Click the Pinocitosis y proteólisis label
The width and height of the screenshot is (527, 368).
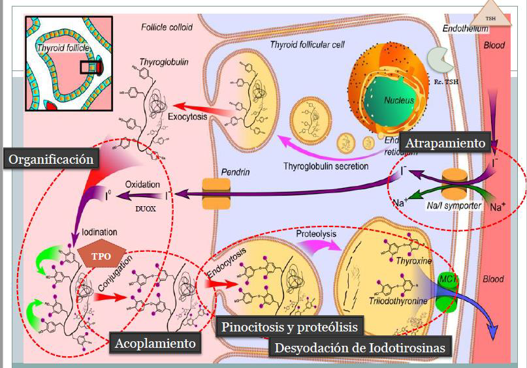291,327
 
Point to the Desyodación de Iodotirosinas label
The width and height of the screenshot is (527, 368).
361,348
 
